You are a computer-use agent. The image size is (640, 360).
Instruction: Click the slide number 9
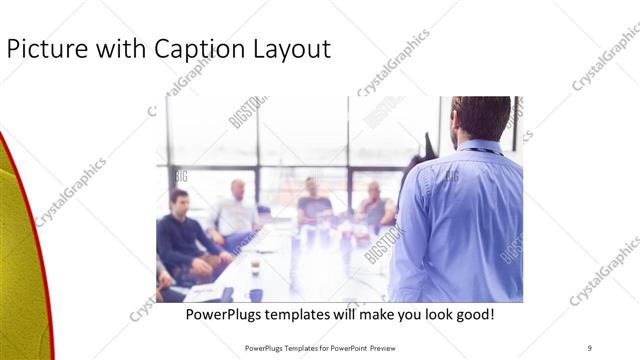pyautogui.click(x=589, y=347)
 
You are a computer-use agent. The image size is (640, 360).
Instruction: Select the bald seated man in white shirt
pyautogui.click(x=238, y=209)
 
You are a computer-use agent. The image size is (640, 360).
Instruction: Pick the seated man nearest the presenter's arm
pyautogui.click(x=375, y=205)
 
